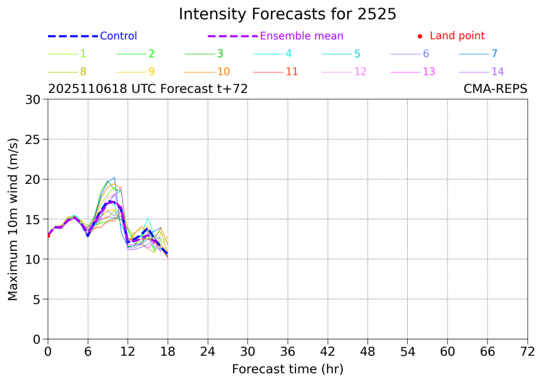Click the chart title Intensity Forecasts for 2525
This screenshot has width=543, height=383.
[287, 14]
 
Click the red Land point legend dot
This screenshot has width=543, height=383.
[420, 37]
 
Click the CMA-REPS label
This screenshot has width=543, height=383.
[496, 89]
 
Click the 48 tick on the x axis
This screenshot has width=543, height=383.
[367, 351]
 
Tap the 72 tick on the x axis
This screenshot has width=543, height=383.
[527, 351]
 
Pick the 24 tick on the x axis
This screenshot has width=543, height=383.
[208, 351]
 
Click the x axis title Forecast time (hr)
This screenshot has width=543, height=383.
[287, 369]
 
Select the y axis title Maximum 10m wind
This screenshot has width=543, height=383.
[13, 219]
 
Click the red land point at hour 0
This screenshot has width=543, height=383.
[48, 236]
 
